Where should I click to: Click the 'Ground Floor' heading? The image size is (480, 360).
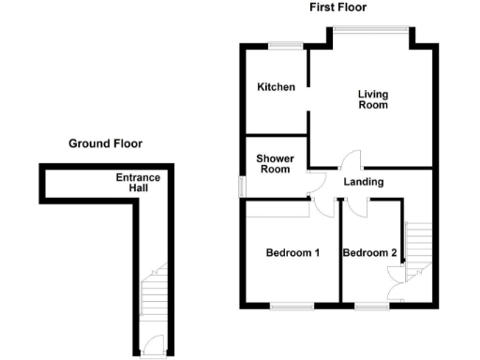(105, 143)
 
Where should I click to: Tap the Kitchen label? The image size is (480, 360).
(277, 87)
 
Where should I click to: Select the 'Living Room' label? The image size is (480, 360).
(373, 99)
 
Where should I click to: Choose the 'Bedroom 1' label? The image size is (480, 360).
(292, 253)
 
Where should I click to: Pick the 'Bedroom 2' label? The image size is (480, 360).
(369, 253)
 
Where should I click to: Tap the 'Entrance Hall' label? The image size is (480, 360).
(138, 183)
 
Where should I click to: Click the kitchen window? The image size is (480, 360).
(286, 44)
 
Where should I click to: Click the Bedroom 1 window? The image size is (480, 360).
(292, 306)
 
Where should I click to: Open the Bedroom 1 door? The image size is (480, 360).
(322, 206)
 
